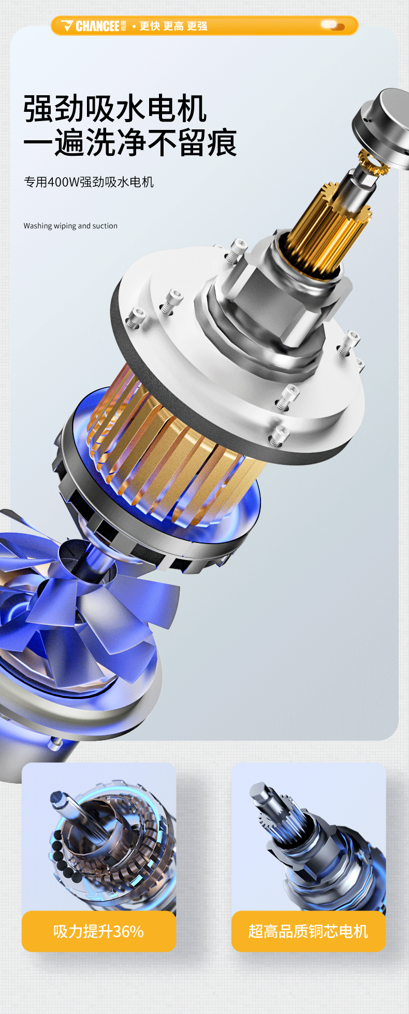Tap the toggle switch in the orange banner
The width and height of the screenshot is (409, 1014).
pyautogui.click(x=332, y=25)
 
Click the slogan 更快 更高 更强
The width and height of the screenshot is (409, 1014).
pyautogui.click(x=173, y=26)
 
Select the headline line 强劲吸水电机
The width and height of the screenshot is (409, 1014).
pyautogui.click(x=115, y=109)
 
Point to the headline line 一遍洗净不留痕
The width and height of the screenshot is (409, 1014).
pyautogui.click(x=130, y=142)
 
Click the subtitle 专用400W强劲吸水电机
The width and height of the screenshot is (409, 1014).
pyautogui.click(x=89, y=182)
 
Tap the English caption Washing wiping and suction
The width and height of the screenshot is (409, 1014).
pyautogui.click(x=70, y=226)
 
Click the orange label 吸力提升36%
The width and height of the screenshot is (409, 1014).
pyautogui.click(x=99, y=931)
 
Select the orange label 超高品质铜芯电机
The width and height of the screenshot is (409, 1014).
pyautogui.click(x=309, y=931)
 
